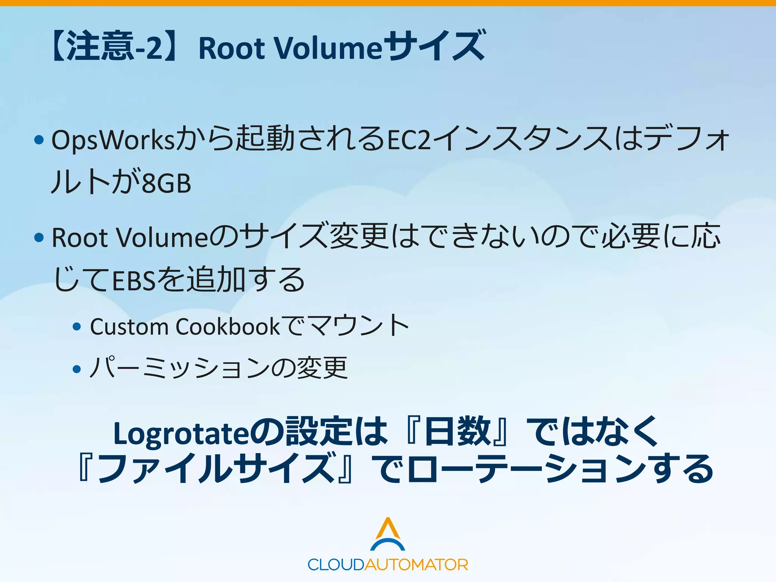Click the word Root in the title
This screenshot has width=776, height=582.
coord(232,48)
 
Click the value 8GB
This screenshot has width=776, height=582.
coord(167,183)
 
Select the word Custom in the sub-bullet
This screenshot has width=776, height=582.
coord(129,327)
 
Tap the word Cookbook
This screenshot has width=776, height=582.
coord(228,327)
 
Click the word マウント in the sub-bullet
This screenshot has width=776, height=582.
coord(358,326)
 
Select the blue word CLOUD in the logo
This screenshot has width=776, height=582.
coord(336,565)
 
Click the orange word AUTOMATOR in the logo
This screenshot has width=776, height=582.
coord(416,565)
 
